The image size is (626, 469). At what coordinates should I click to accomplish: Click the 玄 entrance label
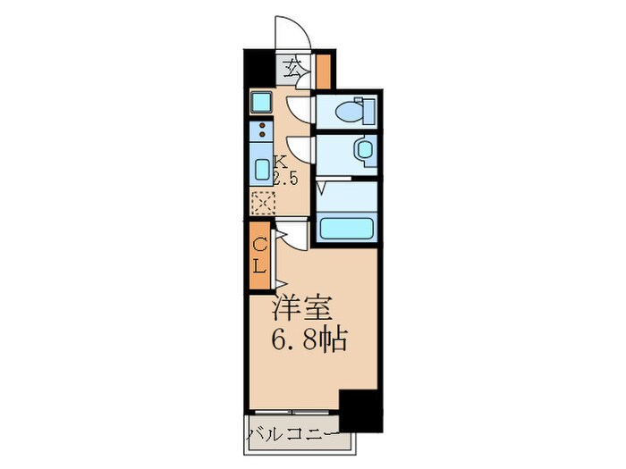pyautogui.click(x=293, y=65)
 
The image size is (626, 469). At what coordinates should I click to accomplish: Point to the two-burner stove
pyautogui.click(x=261, y=132)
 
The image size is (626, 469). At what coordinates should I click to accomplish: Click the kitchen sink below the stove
pyautogui.click(x=261, y=169)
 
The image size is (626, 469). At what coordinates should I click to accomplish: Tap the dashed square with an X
pyautogui.click(x=261, y=204)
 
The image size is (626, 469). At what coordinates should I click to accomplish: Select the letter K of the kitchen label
pyautogui.click(x=280, y=163)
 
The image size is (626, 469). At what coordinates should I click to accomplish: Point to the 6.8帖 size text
pyautogui.click(x=309, y=339)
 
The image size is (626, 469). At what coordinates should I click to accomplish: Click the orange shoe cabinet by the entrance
pyautogui.click(x=323, y=71)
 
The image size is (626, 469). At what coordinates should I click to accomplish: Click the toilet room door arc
pyautogui.click(x=301, y=108)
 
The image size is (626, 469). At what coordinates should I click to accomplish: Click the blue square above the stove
pyautogui.click(x=261, y=101)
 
